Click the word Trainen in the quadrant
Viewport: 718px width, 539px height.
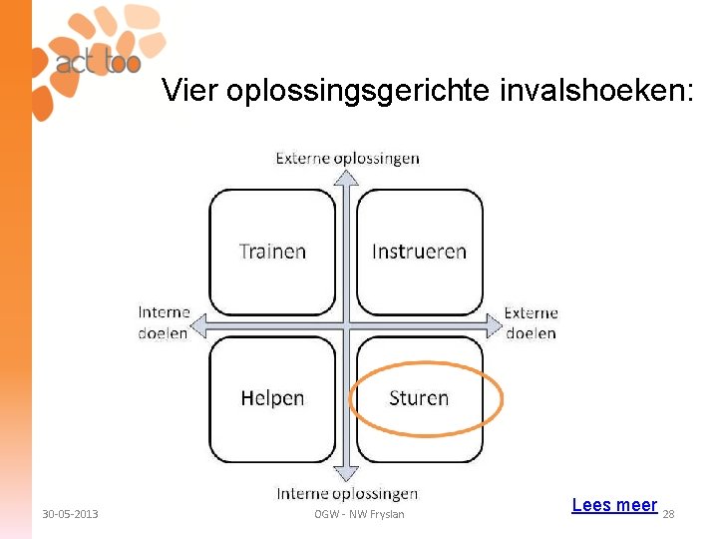(272, 251)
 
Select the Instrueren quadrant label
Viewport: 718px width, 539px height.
(419, 251)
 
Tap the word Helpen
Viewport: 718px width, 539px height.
(272, 398)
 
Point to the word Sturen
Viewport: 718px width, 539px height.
(419, 398)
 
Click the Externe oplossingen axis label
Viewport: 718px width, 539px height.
(347, 158)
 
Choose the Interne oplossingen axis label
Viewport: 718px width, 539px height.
(347, 493)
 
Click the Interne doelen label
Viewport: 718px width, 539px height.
(164, 322)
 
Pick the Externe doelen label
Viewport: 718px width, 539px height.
(531, 322)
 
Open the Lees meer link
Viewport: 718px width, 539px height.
(614, 505)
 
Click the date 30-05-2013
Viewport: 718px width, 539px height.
(70, 514)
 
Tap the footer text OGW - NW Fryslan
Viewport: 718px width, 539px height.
(359, 514)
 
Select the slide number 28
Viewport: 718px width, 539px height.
(669, 514)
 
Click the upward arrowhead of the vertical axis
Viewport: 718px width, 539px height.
(346, 177)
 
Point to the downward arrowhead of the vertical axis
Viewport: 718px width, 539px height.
(346, 474)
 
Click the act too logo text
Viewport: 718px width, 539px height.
(98, 63)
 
